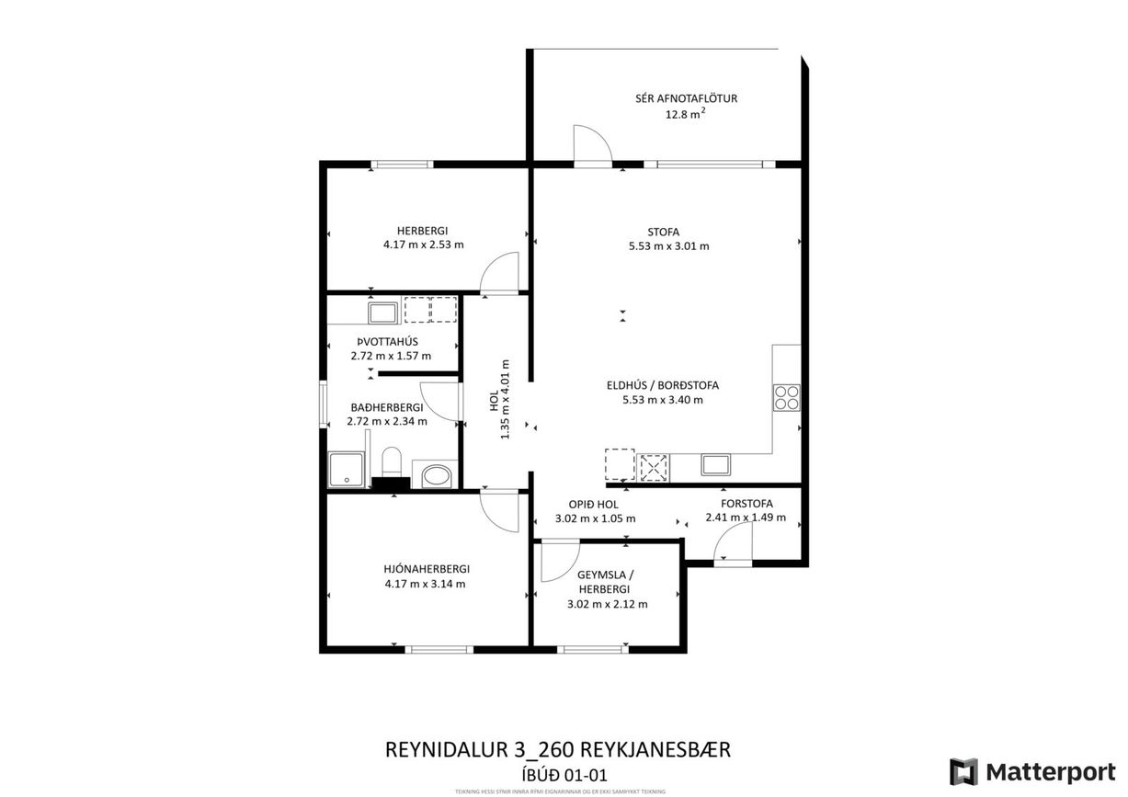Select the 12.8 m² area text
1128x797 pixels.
pyautogui.click(x=685, y=115)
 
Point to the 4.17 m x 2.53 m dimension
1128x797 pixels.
pyautogui.click(x=424, y=245)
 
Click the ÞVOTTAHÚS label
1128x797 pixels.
pyautogui.click(x=390, y=341)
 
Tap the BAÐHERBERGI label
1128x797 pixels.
pyautogui.click(x=386, y=407)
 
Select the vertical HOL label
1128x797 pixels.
pyautogui.click(x=494, y=400)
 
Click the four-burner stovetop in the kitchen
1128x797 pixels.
pyautogui.click(x=787, y=397)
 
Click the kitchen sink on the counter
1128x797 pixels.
pyautogui.click(x=716, y=464)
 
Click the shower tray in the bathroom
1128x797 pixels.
pyautogui.click(x=346, y=470)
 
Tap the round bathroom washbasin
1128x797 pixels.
pyautogui.click(x=433, y=476)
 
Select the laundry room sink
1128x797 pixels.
pyautogui.click(x=382, y=313)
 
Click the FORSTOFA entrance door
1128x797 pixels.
pyautogui.click(x=733, y=550)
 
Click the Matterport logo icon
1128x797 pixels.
pyautogui.click(x=963, y=771)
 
